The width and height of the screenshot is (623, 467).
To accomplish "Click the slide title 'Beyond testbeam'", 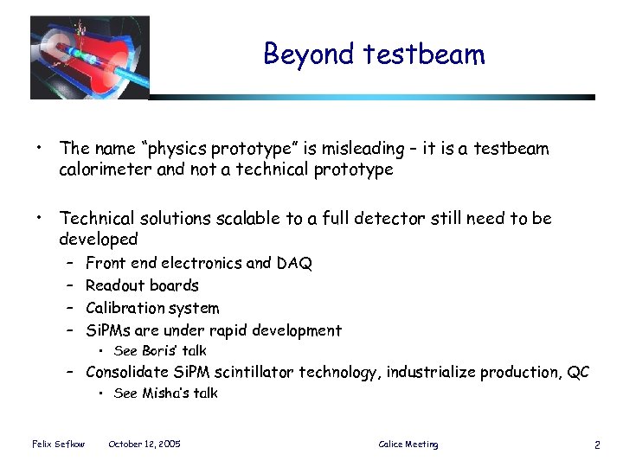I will point(374,54).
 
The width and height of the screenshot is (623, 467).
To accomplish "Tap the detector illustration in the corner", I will point(89,57).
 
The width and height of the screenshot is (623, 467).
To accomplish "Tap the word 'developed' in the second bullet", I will point(98,239).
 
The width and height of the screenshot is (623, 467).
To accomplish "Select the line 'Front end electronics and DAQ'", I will point(198,263).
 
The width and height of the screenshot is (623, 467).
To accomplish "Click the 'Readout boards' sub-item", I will point(142,285).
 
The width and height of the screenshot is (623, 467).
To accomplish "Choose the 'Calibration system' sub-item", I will point(152,308).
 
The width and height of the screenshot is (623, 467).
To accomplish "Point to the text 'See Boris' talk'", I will point(160,351).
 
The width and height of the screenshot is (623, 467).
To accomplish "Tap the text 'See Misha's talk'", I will point(165,393).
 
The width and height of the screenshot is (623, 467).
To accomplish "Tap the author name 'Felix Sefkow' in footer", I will point(58,445).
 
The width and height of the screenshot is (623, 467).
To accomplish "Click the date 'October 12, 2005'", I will point(144,445).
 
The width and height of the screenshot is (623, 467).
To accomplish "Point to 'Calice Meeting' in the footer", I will point(408,445).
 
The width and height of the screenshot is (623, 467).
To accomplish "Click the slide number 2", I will point(597,445).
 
